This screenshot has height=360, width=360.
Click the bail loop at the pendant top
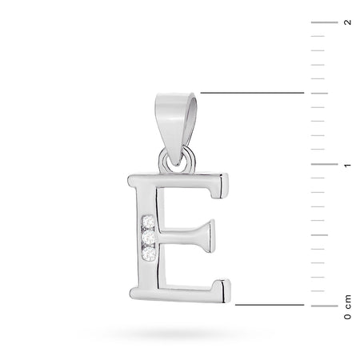point(174,120)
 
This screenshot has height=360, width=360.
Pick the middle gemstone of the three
point(149,237)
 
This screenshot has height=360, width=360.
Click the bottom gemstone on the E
point(149,253)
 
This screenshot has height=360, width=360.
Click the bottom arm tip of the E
point(225,289)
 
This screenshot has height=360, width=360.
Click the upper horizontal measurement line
point(252,94)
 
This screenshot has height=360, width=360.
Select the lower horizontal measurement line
point(268,305)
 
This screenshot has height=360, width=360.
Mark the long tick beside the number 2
point(323,23)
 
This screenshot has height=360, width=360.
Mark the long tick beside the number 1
point(323,164)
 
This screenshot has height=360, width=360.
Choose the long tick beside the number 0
point(323,305)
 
